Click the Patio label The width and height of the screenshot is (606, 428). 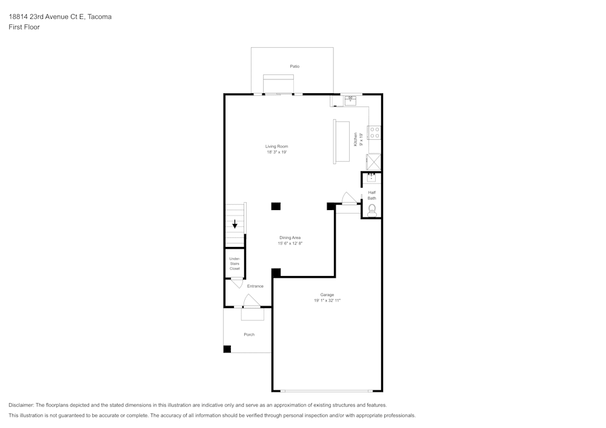[x=295, y=66]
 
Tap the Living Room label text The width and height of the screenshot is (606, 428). [x=276, y=147]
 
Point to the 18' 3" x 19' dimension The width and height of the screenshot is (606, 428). [x=276, y=153]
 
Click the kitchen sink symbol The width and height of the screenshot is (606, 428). [x=350, y=100]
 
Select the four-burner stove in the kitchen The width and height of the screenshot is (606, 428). [x=375, y=133]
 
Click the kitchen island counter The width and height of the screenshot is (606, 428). [x=341, y=141]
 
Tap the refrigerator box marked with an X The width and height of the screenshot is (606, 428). [x=375, y=162]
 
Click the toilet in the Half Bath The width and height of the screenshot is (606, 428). [x=371, y=209]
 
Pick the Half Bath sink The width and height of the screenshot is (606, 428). [x=371, y=177]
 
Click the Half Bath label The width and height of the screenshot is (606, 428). [x=371, y=195]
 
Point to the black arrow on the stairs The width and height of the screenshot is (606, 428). [x=235, y=224]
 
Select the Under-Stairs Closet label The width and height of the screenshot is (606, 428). [x=235, y=263]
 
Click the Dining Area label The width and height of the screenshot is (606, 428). [x=290, y=237]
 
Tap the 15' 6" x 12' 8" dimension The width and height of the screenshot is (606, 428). [x=290, y=243]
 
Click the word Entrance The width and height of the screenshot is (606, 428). [x=255, y=286]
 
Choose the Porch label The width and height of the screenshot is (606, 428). [x=249, y=334]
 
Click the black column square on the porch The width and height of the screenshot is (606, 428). [x=227, y=349]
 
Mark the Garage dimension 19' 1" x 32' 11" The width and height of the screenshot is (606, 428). [x=327, y=300]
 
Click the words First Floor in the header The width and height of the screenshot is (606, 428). [x=24, y=27]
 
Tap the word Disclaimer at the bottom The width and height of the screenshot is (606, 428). [x=21, y=405]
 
